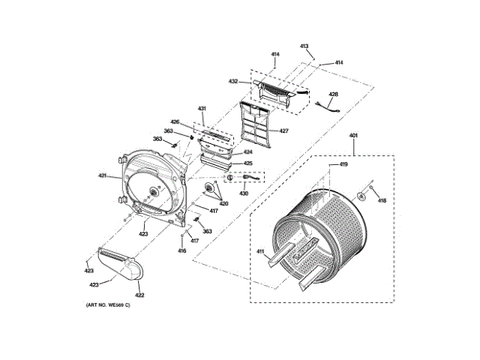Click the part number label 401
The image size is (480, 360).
click(x=353, y=136)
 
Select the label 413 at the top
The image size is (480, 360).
click(x=304, y=46)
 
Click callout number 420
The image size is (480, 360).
click(x=223, y=203)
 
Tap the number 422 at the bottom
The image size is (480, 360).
click(x=139, y=295)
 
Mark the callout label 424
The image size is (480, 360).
click(x=247, y=152)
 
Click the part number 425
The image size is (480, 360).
click(x=247, y=163)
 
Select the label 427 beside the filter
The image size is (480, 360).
click(x=283, y=130)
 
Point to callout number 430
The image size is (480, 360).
click(x=244, y=193)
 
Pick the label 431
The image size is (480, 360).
click(x=202, y=109)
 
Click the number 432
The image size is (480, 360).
click(x=233, y=81)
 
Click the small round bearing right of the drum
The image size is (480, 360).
click(x=362, y=196)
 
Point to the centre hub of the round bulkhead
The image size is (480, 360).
click(x=154, y=191)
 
